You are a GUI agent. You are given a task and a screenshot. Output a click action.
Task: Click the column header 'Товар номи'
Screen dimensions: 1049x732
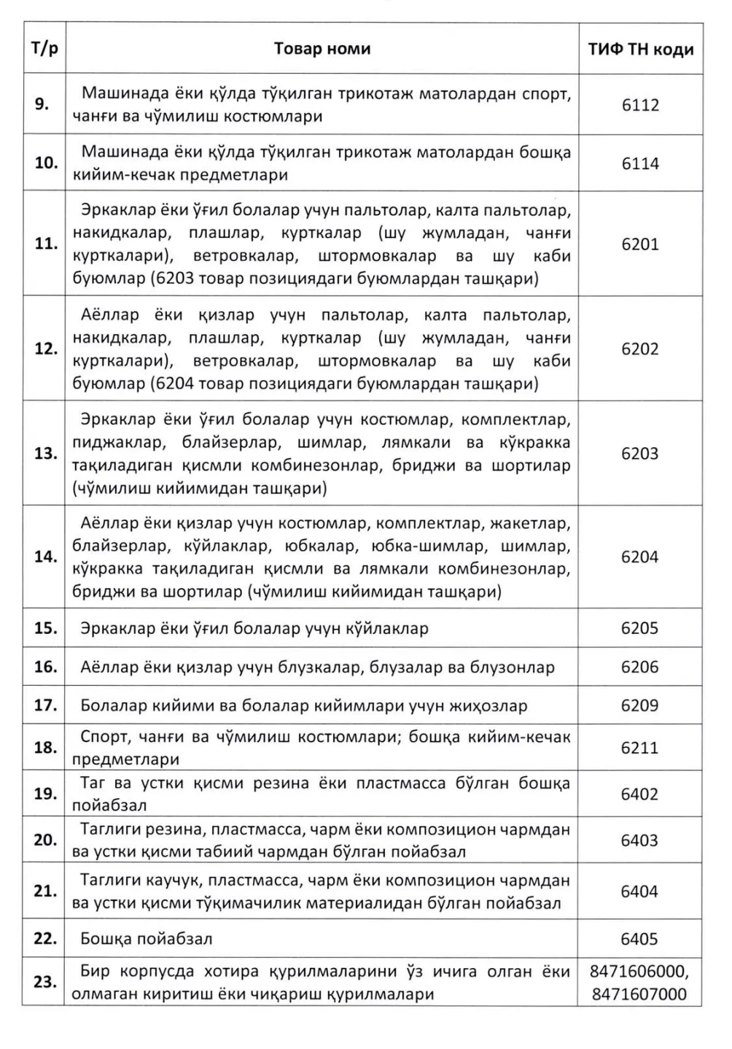click(322, 49)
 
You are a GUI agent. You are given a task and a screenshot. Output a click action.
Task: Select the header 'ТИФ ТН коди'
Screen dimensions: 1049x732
click(640, 50)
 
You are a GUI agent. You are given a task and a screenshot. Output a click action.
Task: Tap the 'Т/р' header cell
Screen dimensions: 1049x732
click(44, 49)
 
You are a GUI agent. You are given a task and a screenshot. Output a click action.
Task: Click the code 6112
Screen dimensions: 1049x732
click(640, 104)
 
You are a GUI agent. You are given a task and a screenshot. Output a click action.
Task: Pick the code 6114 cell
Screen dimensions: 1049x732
click(640, 163)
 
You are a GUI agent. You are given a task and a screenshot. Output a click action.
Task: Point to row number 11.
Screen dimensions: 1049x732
click(46, 244)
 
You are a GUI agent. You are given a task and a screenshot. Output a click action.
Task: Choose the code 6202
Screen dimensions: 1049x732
click(640, 349)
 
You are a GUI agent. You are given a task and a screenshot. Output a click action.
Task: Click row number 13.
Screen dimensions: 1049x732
click(46, 453)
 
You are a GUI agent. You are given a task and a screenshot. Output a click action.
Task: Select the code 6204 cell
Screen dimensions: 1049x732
click(640, 557)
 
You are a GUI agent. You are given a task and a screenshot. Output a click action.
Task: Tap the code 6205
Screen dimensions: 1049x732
click(640, 628)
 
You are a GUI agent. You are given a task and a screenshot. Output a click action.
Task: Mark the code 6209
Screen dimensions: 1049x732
click(640, 705)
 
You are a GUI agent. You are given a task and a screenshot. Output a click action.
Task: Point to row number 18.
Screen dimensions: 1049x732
click(46, 748)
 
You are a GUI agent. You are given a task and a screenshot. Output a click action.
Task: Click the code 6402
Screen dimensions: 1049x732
click(640, 794)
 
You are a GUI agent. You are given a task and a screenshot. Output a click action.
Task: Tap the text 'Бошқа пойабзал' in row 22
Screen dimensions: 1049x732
click(147, 939)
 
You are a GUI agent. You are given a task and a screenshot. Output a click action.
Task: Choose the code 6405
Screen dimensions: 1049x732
click(640, 939)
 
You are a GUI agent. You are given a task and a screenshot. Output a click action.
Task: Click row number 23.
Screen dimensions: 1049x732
click(46, 982)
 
